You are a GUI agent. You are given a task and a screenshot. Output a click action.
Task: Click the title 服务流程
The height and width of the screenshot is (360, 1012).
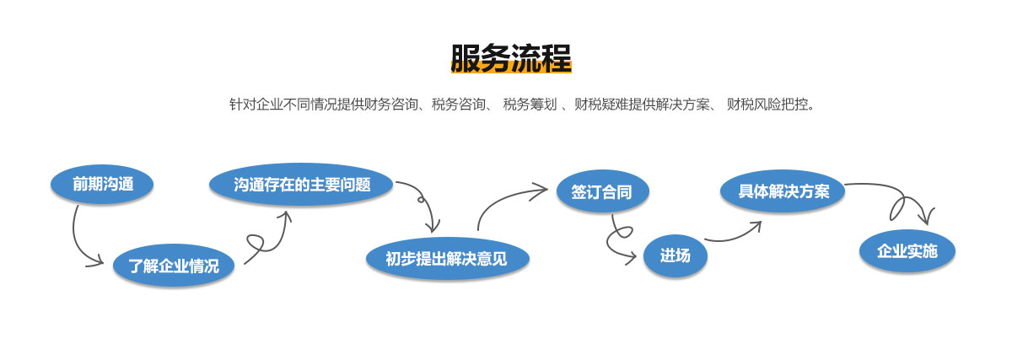tap(511, 58)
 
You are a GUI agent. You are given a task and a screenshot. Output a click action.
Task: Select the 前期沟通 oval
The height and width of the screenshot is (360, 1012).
tap(102, 184)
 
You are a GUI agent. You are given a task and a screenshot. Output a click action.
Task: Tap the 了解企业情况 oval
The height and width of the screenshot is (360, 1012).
tap(174, 266)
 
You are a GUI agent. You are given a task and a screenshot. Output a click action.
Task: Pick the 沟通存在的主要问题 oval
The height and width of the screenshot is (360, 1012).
tap(302, 184)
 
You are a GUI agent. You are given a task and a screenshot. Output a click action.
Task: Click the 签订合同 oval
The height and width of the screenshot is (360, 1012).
tap(602, 191)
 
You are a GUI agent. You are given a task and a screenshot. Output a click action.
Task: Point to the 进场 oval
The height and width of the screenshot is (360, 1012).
tap(675, 255)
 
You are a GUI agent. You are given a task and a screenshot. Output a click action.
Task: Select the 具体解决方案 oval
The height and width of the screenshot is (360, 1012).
tap(783, 191)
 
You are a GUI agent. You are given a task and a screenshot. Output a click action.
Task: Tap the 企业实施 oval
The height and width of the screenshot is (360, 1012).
tap(907, 250)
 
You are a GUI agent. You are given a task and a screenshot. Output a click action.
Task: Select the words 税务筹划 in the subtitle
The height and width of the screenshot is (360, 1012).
tap(529, 105)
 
